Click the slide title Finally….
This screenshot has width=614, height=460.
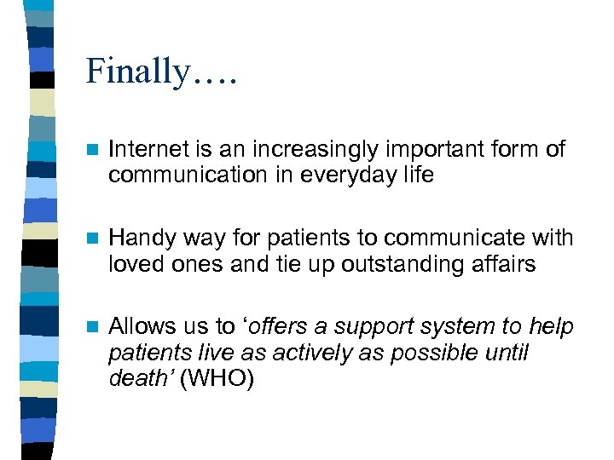(x=161, y=72)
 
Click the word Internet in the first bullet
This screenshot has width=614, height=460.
(x=142, y=150)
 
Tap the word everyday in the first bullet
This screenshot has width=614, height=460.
(x=355, y=175)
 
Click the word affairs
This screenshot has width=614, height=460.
(x=507, y=264)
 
